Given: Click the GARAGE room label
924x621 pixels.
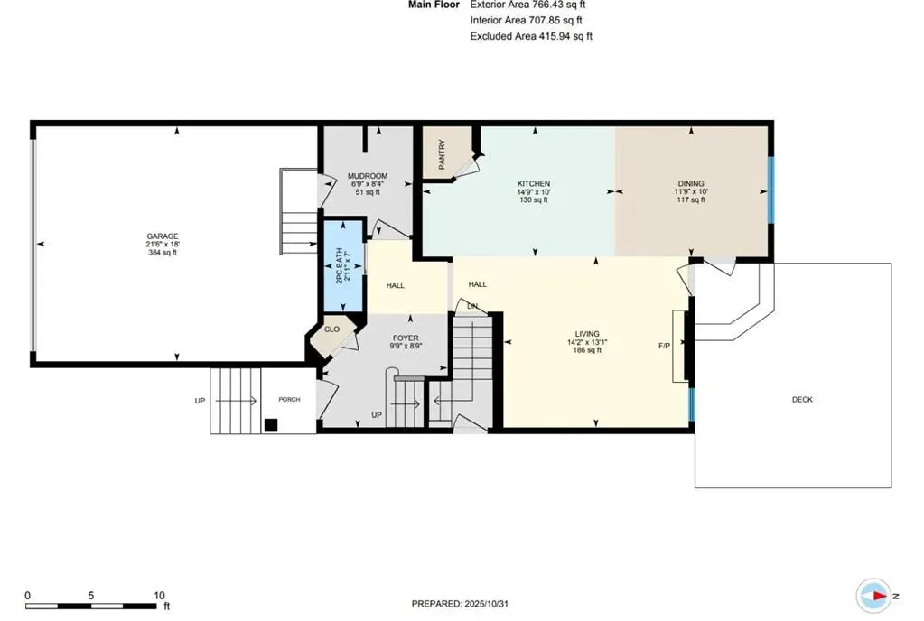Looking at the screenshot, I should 163,236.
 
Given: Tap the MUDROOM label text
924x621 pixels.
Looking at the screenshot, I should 369,176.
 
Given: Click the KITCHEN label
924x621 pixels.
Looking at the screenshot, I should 533,183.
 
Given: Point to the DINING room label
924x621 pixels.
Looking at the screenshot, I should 691,183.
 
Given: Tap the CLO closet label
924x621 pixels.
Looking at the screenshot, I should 331,329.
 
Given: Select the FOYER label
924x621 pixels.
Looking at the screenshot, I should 406,338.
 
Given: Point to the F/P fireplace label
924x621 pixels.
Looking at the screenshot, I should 665,346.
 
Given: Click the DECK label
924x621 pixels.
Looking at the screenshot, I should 801,399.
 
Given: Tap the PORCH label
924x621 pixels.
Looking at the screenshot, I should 289,400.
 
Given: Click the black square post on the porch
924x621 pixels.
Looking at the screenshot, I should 271,425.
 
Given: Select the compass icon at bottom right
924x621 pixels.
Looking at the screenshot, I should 873,596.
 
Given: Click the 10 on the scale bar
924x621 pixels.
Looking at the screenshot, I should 159,596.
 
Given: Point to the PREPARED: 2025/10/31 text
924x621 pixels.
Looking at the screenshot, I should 465,603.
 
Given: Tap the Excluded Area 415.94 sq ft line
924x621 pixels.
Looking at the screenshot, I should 530,36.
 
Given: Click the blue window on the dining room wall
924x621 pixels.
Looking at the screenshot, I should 770,190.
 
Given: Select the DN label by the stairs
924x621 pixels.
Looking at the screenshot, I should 471,306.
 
